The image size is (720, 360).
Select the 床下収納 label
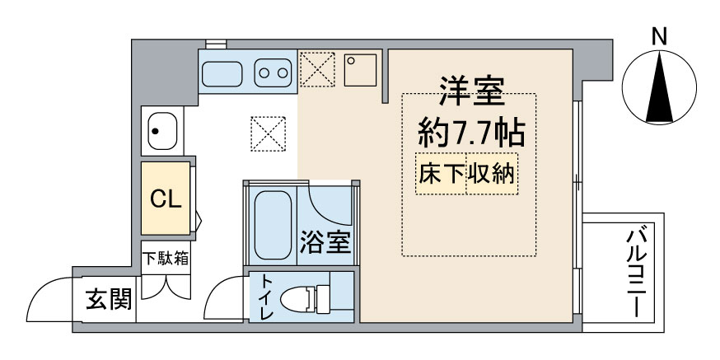[466, 174]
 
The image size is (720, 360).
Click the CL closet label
[166, 199]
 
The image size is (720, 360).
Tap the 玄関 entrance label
[110, 299]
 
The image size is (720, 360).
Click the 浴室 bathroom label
[325, 241]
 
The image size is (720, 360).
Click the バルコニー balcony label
[635, 274]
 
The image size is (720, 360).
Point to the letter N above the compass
[660, 37]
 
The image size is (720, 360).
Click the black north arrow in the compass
[659, 87]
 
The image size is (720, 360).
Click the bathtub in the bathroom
[273, 225]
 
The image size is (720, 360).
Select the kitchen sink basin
[222, 73]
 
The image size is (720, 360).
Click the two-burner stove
[273, 73]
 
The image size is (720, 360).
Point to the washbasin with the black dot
[162, 131]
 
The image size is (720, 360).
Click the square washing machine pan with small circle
[361, 70]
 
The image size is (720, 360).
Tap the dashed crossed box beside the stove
[317, 69]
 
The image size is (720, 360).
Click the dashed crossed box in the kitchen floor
[269, 133]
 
